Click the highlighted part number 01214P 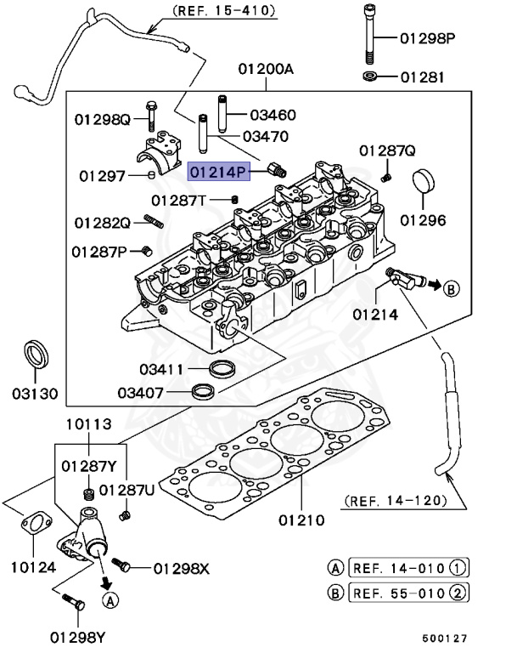tap(218, 172)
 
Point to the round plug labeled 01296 tap(423, 186)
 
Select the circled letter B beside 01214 tap(450, 289)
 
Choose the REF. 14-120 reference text tap(395, 501)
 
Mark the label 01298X tap(179, 567)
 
